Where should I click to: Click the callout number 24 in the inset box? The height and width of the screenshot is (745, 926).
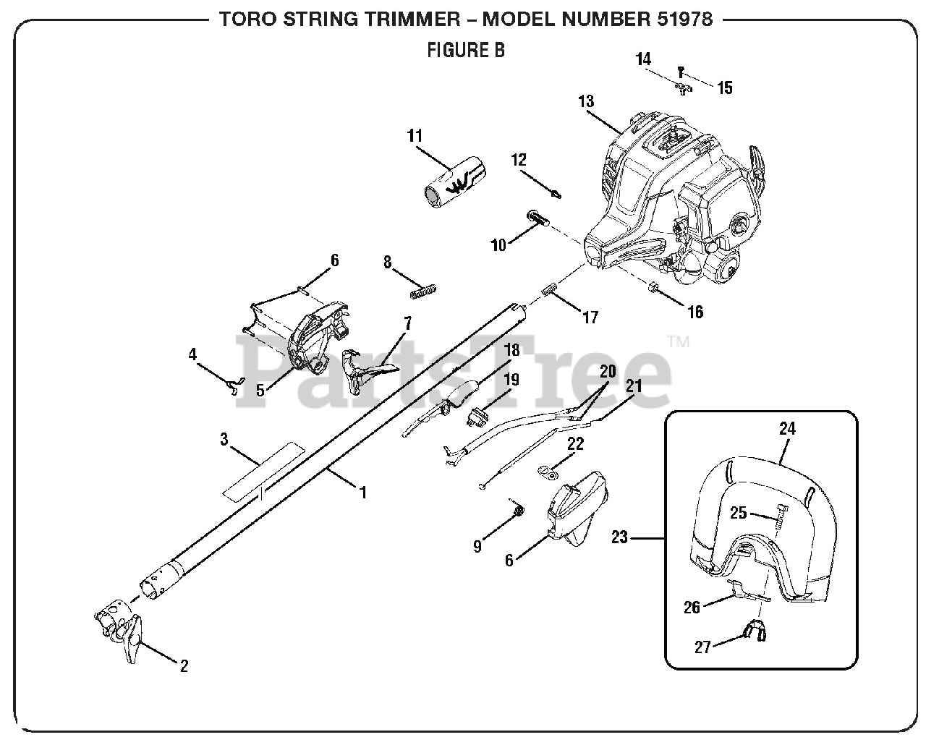pyautogui.click(x=787, y=429)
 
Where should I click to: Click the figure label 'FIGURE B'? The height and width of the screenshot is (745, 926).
pyautogui.click(x=465, y=50)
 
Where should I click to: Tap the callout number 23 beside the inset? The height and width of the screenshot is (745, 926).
pyautogui.click(x=619, y=537)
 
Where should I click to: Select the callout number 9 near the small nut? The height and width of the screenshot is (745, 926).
pyautogui.click(x=477, y=547)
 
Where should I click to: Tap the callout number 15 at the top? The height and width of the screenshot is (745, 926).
pyautogui.click(x=725, y=88)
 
